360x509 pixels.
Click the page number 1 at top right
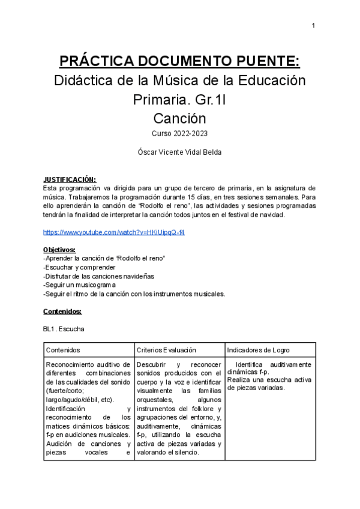coord(313,25)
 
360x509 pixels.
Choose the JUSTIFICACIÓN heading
coord(70,179)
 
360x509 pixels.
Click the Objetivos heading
coord(59,249)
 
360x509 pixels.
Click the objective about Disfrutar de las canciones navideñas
coord(99,276)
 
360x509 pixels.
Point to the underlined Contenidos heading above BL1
coord(62,312)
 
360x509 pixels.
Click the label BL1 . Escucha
coord(64,329)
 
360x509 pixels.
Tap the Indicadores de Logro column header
coord(259,350)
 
